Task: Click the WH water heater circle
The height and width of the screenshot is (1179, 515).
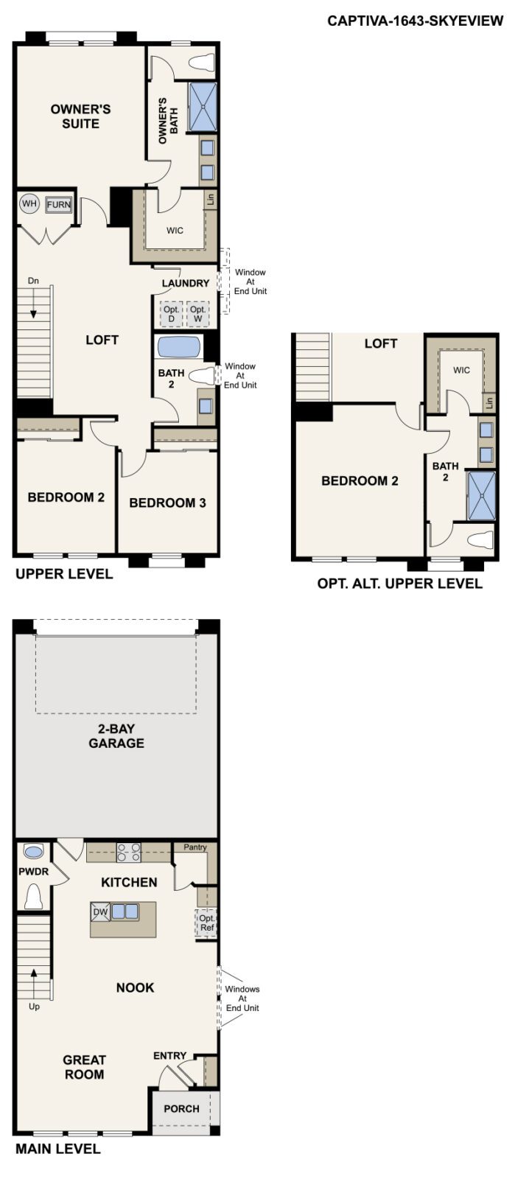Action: (x=29, y=204)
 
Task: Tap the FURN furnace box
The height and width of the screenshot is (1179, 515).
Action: (x=59, y=204)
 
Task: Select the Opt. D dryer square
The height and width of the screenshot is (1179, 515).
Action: (x=172, y=314)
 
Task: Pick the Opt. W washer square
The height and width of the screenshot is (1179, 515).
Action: (x=197, y=314)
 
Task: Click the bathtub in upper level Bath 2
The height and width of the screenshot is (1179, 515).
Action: (x=178, y=347)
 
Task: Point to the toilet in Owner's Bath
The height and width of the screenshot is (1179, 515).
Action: (x=201, y=63)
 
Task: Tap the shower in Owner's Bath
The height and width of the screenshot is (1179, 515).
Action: (x=203, y=107)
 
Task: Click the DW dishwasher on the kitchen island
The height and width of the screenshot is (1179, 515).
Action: (x=100, y=912)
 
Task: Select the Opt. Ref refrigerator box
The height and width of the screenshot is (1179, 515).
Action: (x=207, y=923)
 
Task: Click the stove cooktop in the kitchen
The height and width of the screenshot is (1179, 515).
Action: (x=129, y=852)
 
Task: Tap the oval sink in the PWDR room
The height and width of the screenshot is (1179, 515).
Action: (x=34, y=852)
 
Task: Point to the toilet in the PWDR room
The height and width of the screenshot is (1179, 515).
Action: (x=33, y=896)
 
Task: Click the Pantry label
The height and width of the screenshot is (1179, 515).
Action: (x=195, y=847)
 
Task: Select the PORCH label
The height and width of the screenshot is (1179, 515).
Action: (x=181, y=1109)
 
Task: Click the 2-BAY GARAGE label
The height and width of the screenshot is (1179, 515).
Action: (x=116, y=736)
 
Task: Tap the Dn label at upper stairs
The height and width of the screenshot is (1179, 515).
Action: (x=33, y=281)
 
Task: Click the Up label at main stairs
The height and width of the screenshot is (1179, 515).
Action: (x=34, y=1007)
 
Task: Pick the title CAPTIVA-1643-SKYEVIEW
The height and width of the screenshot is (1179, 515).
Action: (x=416, y=21)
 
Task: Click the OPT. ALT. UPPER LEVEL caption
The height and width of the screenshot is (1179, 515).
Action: (x=399, y=584)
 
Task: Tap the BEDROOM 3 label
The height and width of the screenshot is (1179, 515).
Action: (x=167, y=503)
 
